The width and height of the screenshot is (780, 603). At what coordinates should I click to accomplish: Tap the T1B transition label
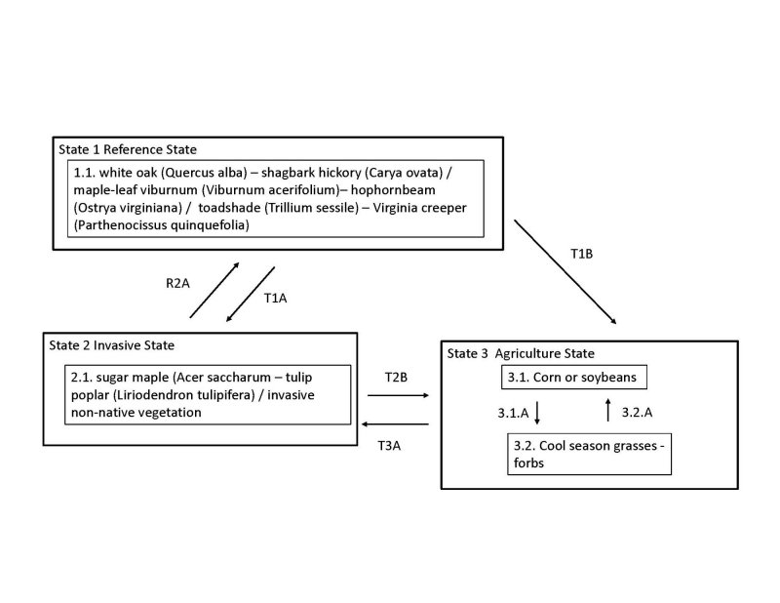point(581,254)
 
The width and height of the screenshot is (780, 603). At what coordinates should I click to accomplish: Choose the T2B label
point(395,379)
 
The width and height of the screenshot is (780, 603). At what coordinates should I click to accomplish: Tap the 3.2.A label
point(637,413)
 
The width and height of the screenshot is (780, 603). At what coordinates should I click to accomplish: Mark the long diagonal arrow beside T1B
point(565,271)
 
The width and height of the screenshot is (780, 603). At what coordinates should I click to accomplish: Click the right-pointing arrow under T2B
point(397,396)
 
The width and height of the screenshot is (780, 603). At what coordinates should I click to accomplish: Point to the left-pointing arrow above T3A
point(395,424)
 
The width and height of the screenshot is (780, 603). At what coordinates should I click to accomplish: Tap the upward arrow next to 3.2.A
point(607,410)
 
